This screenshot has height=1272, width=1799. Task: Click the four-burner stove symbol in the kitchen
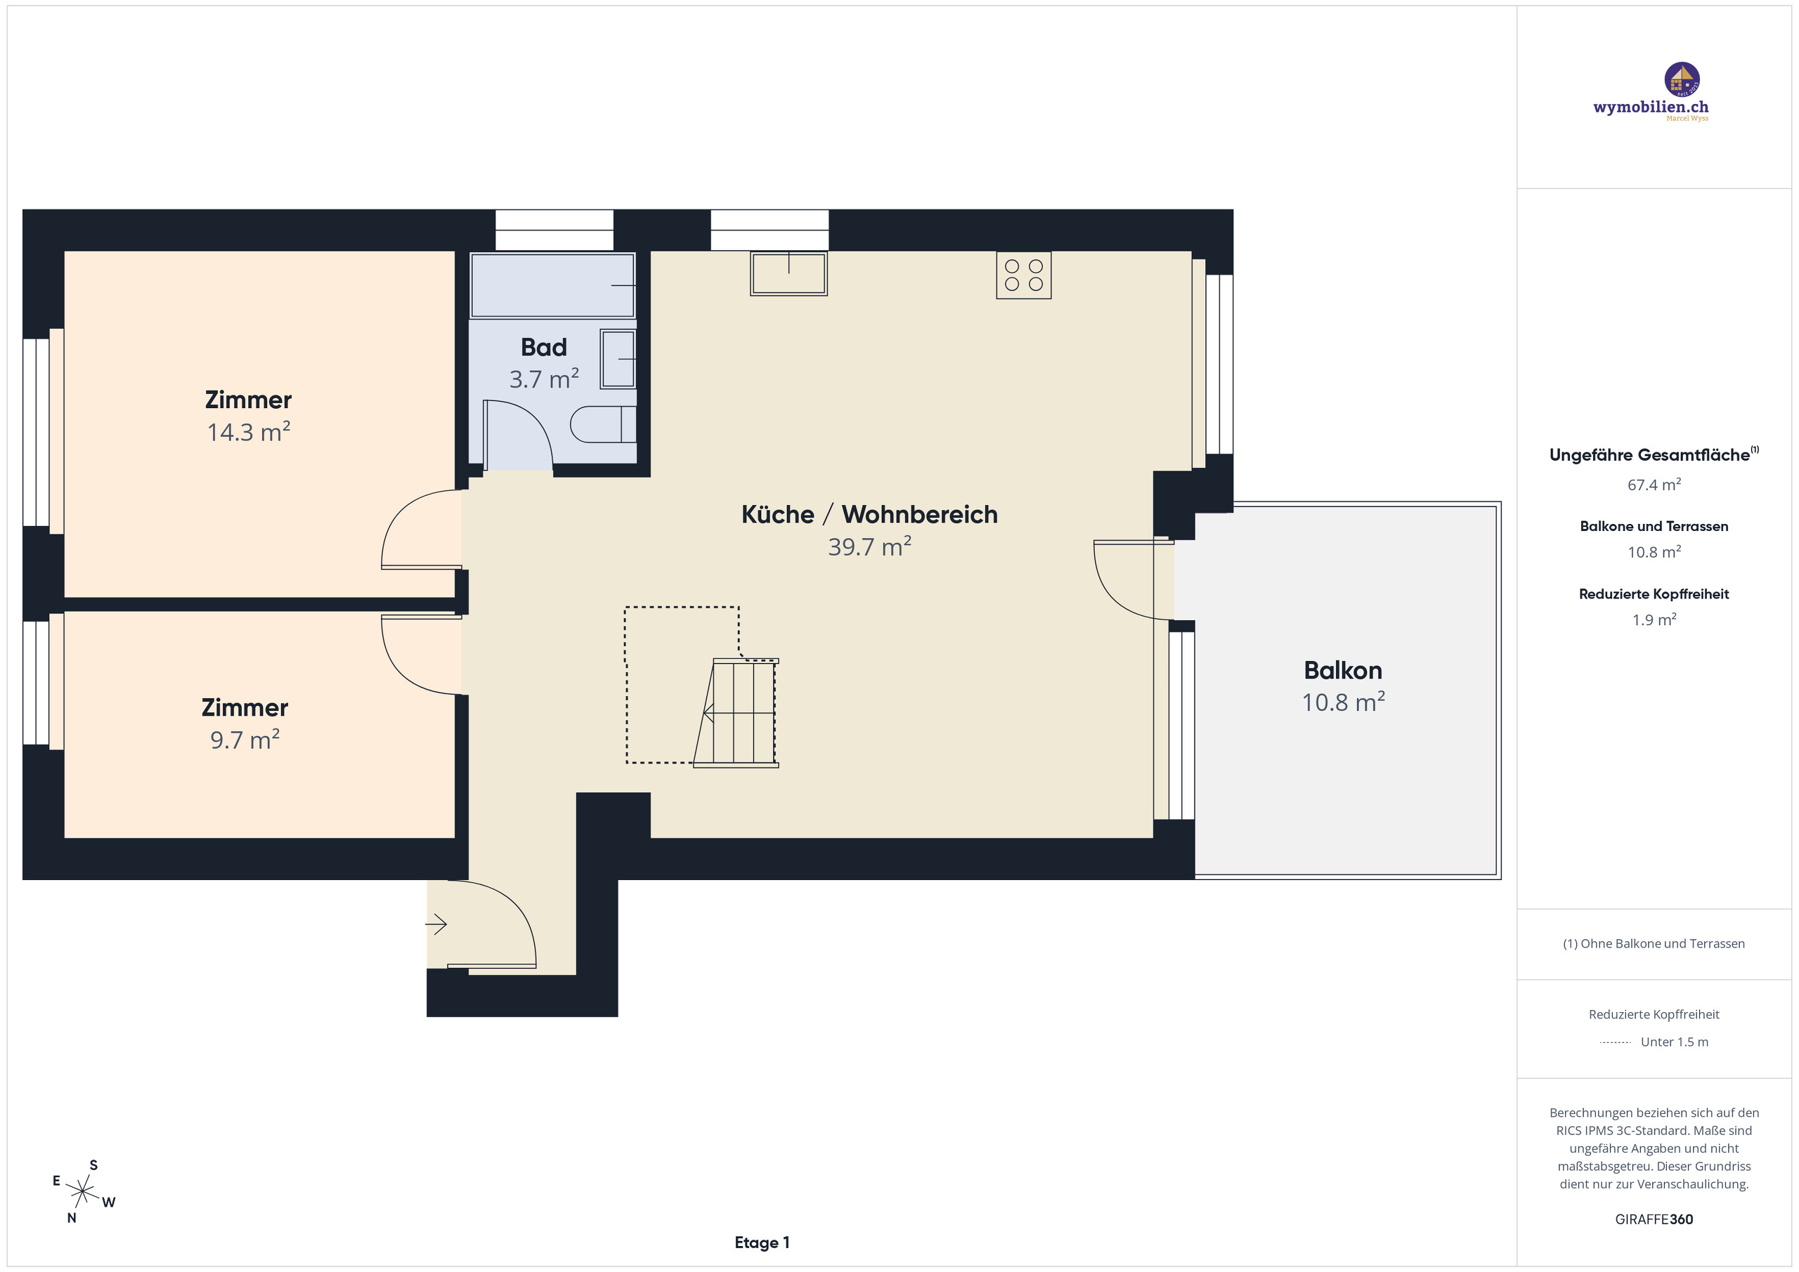[1023, 275]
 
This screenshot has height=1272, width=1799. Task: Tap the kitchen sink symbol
[788, 273]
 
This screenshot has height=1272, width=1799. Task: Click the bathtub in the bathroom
[552, 285]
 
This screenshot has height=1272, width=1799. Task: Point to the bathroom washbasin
[618, 359]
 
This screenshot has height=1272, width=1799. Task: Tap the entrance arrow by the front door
[436, 925]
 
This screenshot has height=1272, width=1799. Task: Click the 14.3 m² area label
[248, 433]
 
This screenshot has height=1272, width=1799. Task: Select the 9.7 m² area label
[245, 740]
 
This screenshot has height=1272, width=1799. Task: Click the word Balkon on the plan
[1342, 671]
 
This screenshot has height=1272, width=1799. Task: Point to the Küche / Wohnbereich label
[869, 515]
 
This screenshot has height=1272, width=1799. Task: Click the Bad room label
[544, 347]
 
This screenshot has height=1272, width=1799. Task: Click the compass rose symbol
[82, 1192]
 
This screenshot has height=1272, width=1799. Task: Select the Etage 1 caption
[762, 1243]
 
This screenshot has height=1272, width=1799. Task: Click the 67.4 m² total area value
[1654, 485]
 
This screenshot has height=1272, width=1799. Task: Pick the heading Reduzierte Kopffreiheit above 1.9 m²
[1654, 594]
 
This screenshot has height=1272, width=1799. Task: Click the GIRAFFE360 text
[1654, 1219]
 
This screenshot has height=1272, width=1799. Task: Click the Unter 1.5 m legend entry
[1674, 1042]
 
